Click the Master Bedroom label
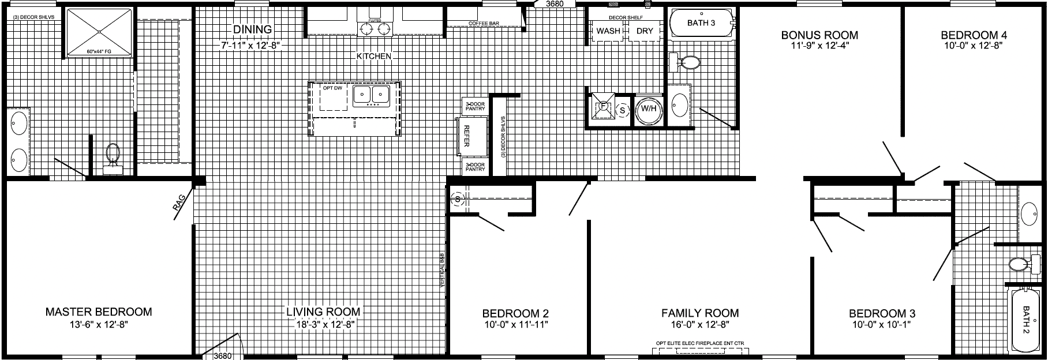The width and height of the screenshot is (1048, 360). coord(99,312)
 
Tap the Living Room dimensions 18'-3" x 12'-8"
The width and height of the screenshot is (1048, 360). coord(323,325)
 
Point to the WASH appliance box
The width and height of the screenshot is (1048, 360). coord(608,31)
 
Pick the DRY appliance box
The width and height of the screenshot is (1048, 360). coord(644,31)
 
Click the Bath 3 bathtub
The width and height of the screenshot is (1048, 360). coord(701,24)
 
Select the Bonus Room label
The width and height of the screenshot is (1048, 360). coord(819,35)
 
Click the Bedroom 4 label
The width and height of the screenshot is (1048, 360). coord(973,35)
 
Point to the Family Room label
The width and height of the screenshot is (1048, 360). coord(700,313)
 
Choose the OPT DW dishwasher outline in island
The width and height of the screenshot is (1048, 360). coord(332,98)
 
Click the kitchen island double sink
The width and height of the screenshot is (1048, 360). coord(371,95)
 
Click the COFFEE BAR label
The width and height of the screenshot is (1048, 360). coord(483,24)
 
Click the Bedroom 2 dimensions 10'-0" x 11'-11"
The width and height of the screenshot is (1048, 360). coord(515,325)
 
